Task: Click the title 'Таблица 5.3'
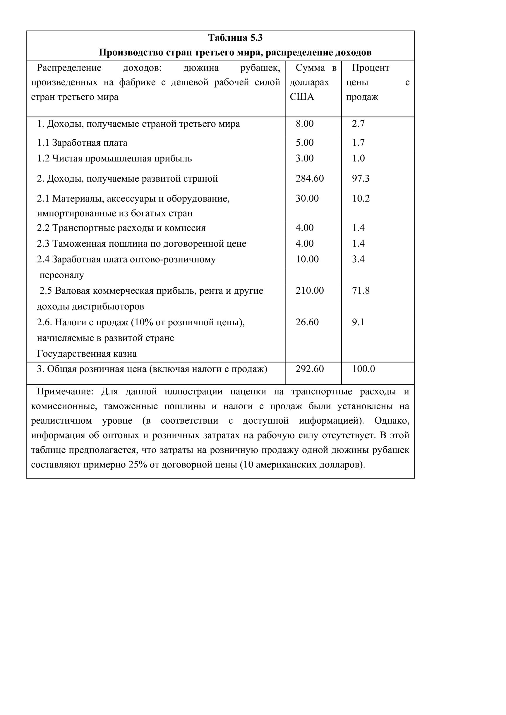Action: pos(235,38)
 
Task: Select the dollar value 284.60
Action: pos(309,178)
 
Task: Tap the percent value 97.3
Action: pos(361,178)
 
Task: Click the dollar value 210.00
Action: pos(309,291)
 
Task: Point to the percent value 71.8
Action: pos(361,291)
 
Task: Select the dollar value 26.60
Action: pos(307,322)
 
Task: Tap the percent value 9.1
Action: pos(358,322)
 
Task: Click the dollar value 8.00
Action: pos(304,124)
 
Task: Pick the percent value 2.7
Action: pos(358,124)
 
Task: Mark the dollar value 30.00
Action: pos(307,198)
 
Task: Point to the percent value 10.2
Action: pos(361,198)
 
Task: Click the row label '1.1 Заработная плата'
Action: pos(82,143)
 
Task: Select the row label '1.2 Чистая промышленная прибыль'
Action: pos(114,159)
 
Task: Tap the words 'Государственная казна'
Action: pos(87,354)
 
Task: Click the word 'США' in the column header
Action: pos(302,97)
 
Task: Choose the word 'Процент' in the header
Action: pos(371,68)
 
